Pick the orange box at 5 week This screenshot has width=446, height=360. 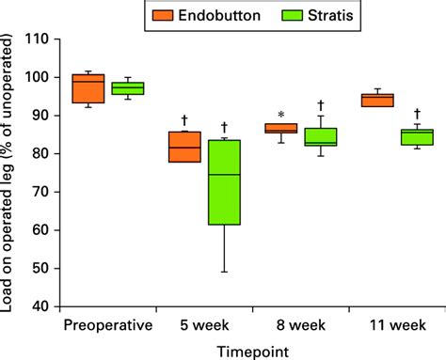click(x=184, y=147)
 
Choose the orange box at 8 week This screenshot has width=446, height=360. click(x=280, y=128)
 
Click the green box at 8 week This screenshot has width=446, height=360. click(x=321, y=136)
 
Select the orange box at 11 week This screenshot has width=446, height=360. click(x=377, y=101)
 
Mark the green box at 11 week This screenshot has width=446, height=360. click(x=417, y=137)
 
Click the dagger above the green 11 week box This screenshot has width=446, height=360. click(x=417, y=113)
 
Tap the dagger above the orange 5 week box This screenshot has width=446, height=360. click(x=184, y=120)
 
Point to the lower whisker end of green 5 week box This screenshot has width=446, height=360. click(x=224, y=272)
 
